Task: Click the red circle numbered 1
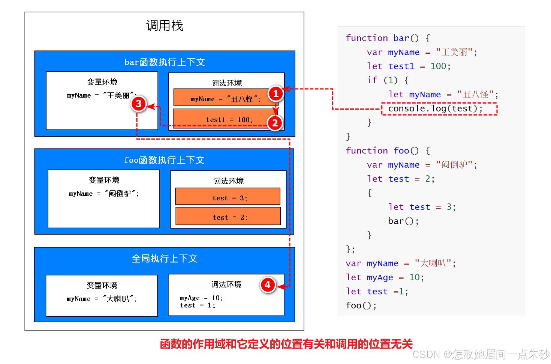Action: coord(275,93)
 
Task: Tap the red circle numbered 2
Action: coord(275,123)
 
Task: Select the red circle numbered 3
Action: coord(138,104)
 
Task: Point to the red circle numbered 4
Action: coord(268,285)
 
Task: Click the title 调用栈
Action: coord(165,26)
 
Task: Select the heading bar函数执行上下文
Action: coord(165,62)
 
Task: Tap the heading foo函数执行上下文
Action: coord(164,160)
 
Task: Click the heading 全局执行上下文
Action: coord(164,259)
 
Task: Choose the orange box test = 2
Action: coord(228,217)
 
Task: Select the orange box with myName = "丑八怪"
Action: coord(221,98)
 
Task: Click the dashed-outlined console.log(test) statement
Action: coord(439,109)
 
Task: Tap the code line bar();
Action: coord(403,221)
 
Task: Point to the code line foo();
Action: coord(361,305)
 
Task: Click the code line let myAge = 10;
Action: coord(385,277)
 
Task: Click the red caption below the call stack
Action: coord(286,344)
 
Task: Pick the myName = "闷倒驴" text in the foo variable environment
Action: coord(104,194)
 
